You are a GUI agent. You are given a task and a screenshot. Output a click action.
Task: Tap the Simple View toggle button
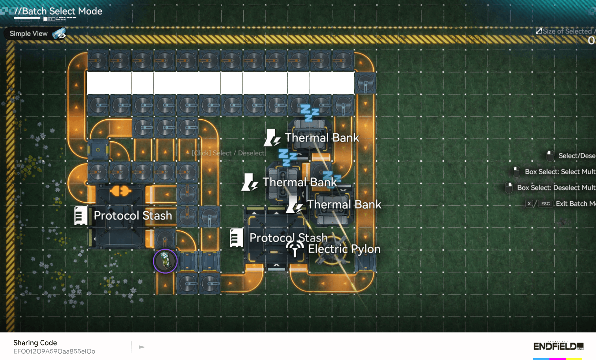click(35, 34)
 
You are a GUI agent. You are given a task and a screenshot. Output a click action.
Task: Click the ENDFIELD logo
click(558, 346)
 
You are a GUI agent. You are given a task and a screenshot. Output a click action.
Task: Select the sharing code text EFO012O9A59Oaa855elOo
click(54, 351)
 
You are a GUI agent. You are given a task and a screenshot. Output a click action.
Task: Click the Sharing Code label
click(35, 342)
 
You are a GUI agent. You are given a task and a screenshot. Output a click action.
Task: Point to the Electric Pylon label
click(344, 249)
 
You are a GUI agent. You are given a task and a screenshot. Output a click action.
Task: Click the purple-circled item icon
click(165, 261)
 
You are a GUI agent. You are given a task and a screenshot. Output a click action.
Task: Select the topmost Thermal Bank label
click(322, 138)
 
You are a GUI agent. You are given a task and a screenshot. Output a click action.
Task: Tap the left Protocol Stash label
click(133, 215)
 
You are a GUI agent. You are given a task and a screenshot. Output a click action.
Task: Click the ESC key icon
click(545, 203)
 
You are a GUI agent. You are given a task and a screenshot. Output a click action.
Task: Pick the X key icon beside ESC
click(529, 203)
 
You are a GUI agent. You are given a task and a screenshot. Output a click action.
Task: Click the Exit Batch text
click(576, 203)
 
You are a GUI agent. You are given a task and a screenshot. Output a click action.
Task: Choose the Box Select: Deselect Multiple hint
click(556, 187)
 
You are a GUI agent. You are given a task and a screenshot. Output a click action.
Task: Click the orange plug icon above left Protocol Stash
click(120, 191)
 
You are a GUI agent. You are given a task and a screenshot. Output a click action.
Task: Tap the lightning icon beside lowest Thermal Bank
click(294, 205)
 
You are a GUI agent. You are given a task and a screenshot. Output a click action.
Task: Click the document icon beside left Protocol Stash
click(80, 215)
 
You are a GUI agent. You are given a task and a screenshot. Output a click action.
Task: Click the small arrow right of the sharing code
click(142, 347)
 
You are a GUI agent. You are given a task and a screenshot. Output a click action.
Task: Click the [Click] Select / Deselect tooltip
click(228, 153)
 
